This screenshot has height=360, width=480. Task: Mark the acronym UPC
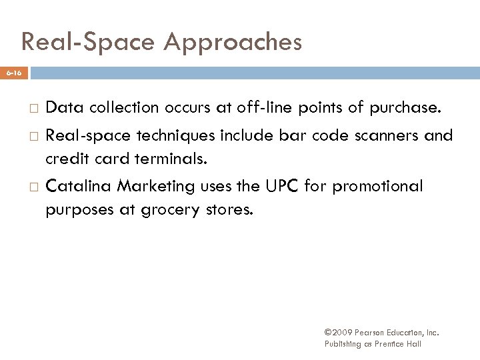[279, 186]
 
